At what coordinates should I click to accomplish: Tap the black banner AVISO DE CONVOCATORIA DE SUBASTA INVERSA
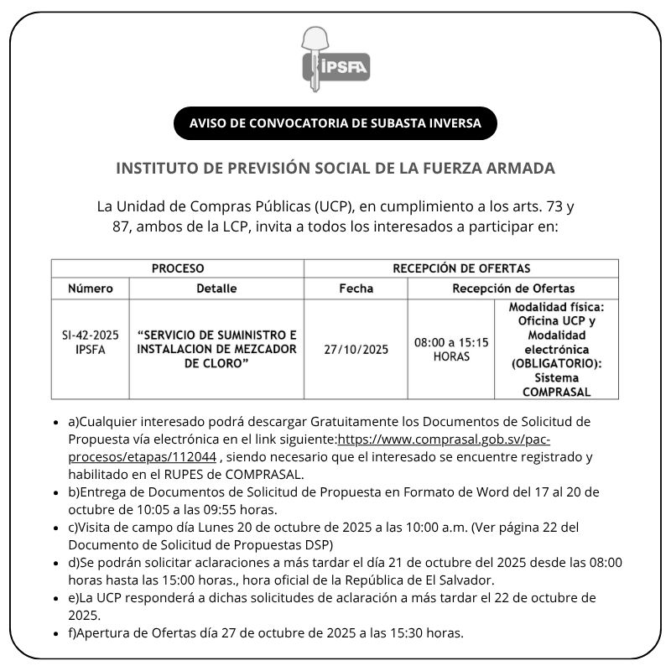click(335, 123)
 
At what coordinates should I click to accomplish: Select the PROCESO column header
click(178, 268)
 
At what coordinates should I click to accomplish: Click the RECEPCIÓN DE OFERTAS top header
click(461, 268)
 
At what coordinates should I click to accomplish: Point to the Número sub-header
click(91, 289)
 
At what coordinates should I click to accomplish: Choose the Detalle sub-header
click(216, 289)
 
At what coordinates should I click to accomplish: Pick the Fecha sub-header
click(356, 289)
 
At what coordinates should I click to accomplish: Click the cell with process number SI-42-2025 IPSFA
click(91, 342)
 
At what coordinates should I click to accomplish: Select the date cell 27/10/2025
click(356, 350)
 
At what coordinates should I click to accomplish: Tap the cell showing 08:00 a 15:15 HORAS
click(451, 349)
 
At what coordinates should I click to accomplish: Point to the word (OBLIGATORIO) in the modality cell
click(557, 363)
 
